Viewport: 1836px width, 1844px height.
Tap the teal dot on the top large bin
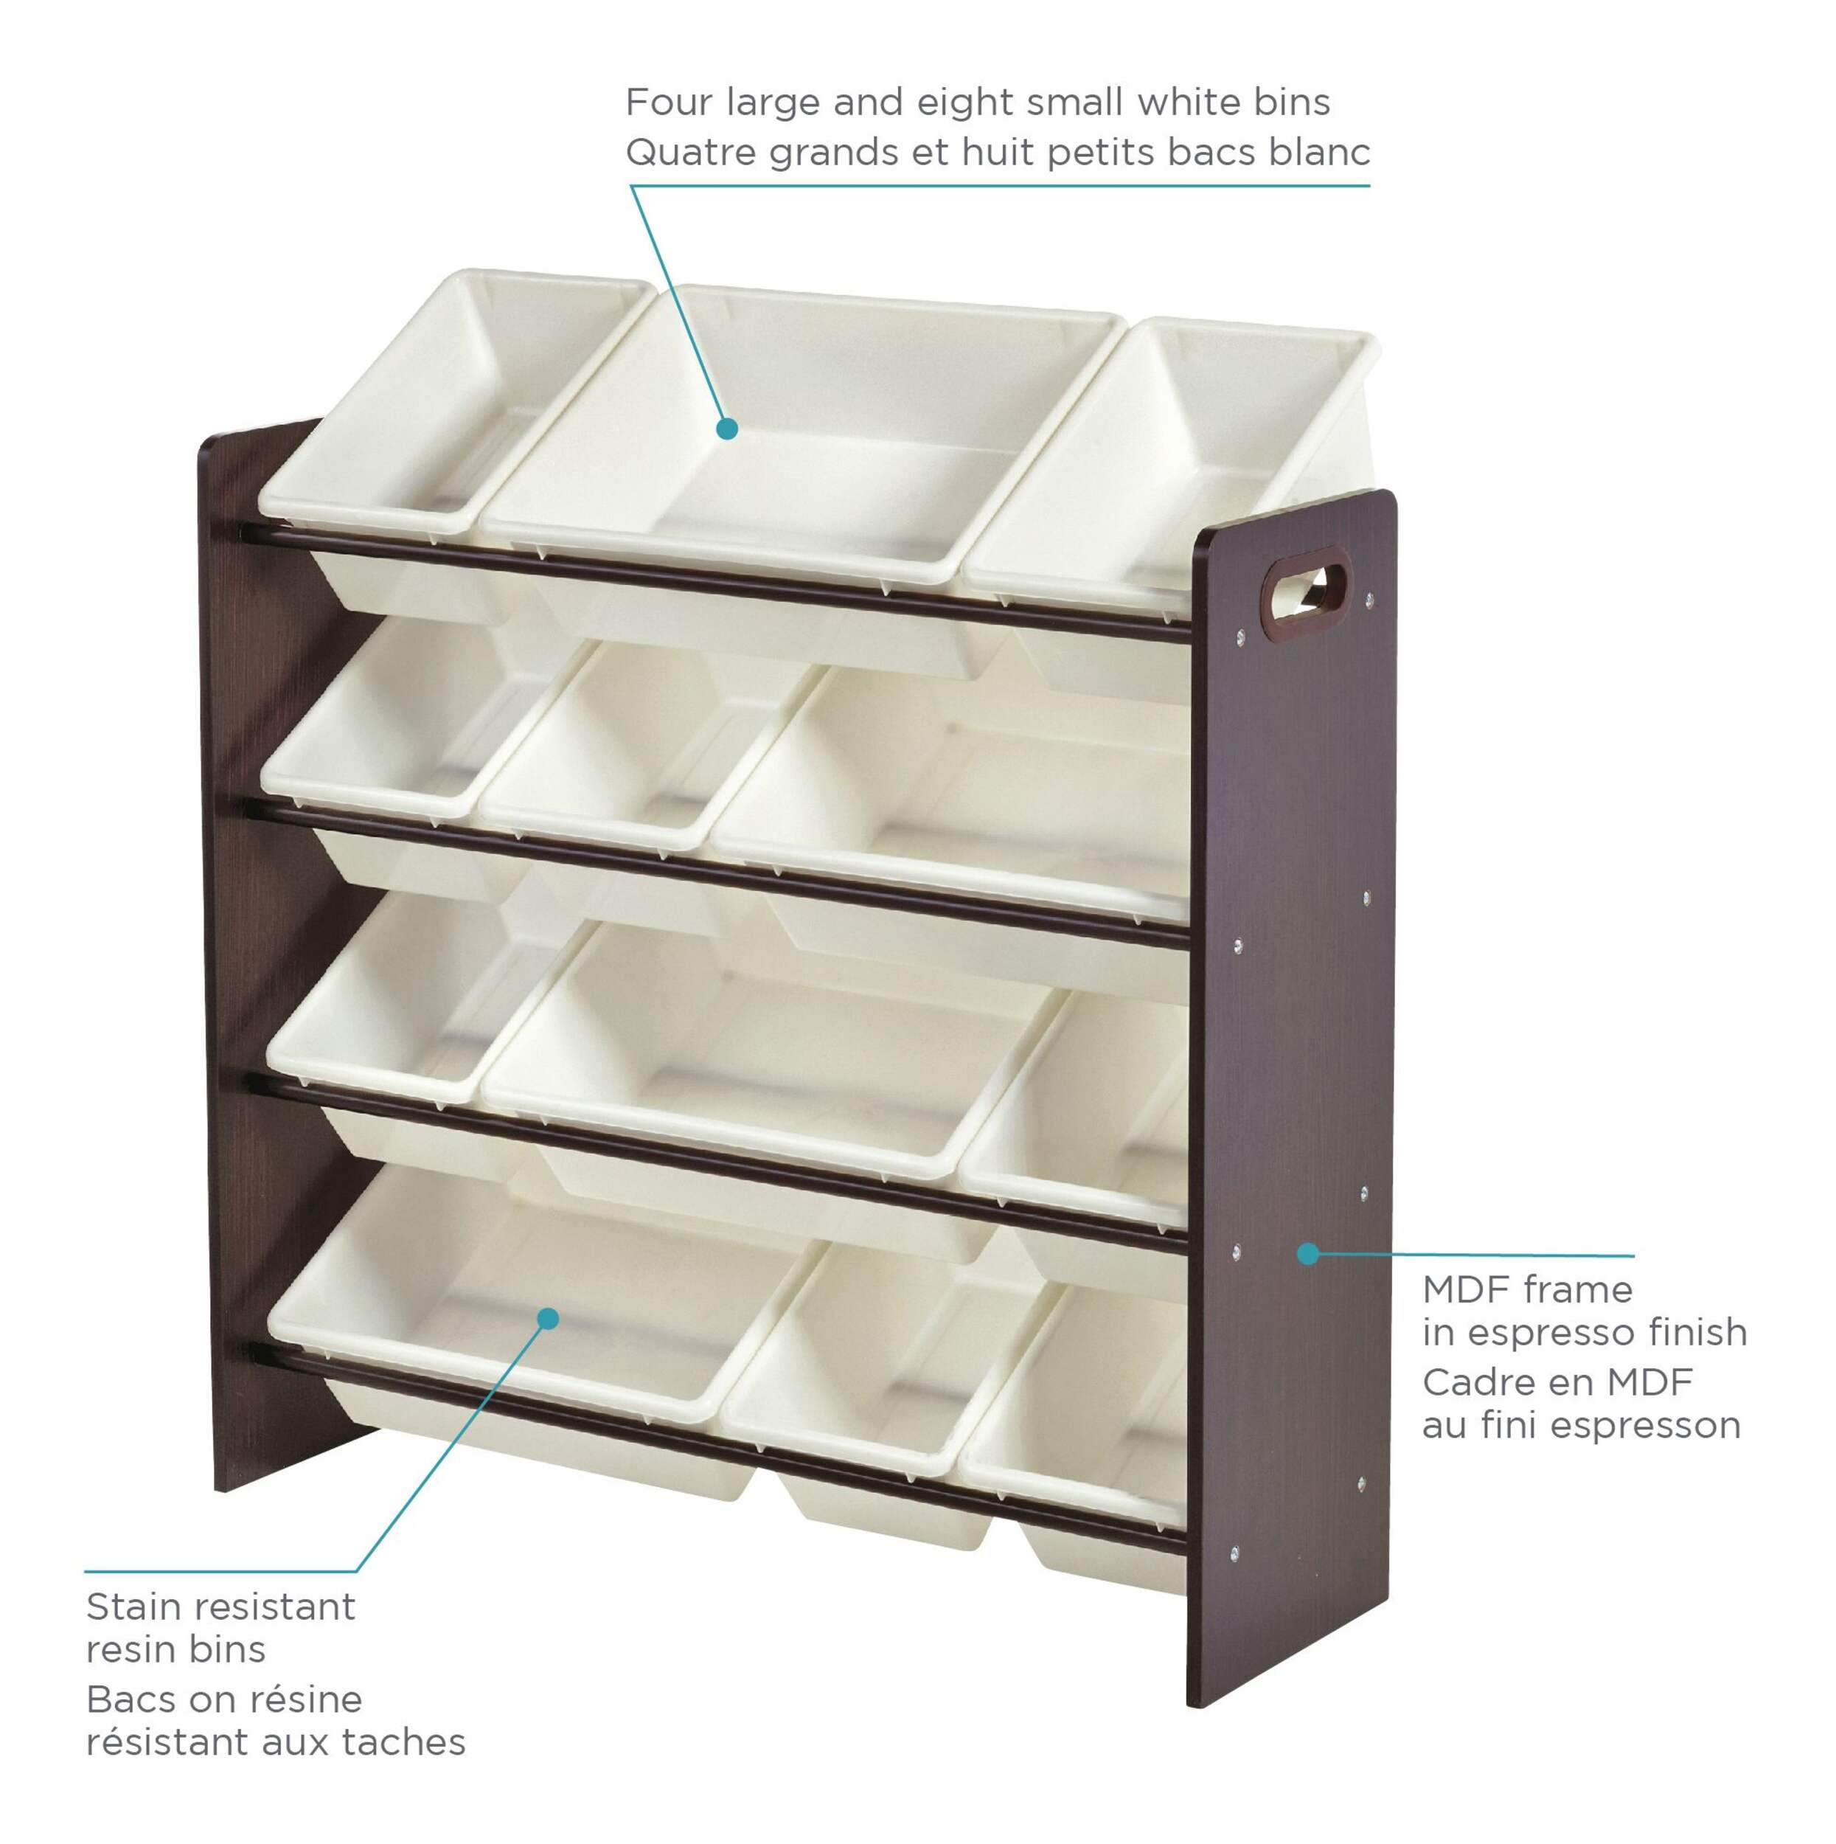[727, 429]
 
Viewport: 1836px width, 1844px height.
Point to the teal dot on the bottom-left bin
[548, 1318]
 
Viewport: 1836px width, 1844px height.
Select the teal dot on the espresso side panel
[1308, 1252]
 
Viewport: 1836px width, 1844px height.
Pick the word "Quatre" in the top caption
[691, 153]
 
